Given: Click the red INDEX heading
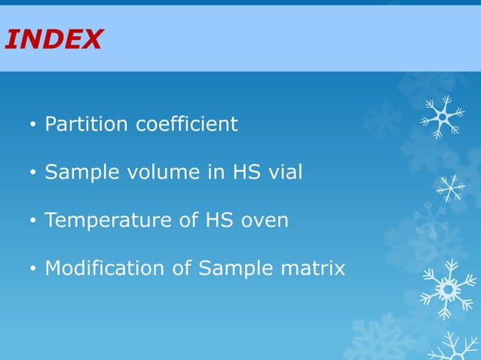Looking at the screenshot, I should coord(53,39).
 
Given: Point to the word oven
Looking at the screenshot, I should coord(264,221).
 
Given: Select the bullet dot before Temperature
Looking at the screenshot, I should coord(32,222).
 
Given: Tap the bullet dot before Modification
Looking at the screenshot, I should coord(32,270).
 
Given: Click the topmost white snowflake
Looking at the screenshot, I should coord(443,117).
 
